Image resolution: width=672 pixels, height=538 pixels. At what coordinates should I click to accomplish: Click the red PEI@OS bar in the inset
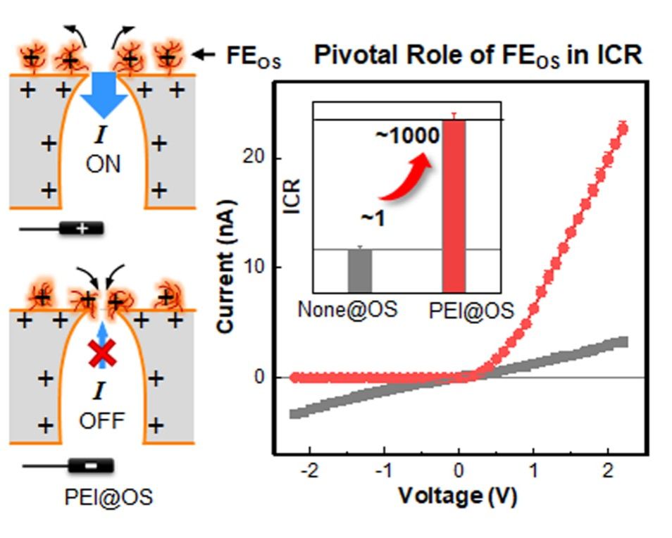click(x=454, y=206)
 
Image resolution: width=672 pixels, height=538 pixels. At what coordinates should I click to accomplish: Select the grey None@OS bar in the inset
click(x=360, y=270)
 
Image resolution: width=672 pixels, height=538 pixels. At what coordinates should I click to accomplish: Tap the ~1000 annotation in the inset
click(x=408, y=135)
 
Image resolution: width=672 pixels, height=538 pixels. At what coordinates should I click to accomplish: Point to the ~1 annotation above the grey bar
click(x=373, y=218)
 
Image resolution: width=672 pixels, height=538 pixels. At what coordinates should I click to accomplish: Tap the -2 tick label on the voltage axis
click(x=309, y=471)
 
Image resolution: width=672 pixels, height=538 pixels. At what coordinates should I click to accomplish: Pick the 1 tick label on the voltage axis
click(x=533, y=471)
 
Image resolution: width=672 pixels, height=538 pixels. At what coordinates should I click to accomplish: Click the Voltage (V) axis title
click(x=458, y=496)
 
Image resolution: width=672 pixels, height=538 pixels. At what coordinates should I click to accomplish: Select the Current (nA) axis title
click(x=226, y=266)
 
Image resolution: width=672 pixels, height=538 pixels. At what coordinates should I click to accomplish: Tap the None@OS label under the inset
click(x=347, y=309)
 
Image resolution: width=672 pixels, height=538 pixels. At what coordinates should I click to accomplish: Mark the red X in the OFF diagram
click(x=102, y=354)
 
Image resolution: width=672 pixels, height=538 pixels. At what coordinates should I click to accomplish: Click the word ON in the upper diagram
click(x=104, y=164)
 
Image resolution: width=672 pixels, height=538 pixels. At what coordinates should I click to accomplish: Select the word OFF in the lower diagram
click(x=102, y=421)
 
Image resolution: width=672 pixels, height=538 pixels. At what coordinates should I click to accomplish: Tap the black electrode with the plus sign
click(x=82, y=228)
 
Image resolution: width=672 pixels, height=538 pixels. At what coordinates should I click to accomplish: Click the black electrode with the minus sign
click(x=91, y=465)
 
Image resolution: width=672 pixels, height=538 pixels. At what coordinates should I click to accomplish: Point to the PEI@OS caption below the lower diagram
click(x=108, y=497)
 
